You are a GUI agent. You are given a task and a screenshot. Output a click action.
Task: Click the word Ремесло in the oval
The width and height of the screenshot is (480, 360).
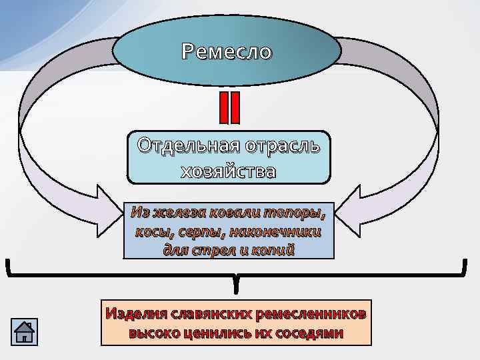pos(227,52)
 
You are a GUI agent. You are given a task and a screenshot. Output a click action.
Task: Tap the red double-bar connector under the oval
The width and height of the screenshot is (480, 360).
pos(229,108)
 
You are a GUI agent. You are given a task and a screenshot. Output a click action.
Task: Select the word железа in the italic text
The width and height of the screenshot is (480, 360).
pos(179,213)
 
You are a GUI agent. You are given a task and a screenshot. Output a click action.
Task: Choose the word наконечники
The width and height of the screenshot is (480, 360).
pos(279,232)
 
